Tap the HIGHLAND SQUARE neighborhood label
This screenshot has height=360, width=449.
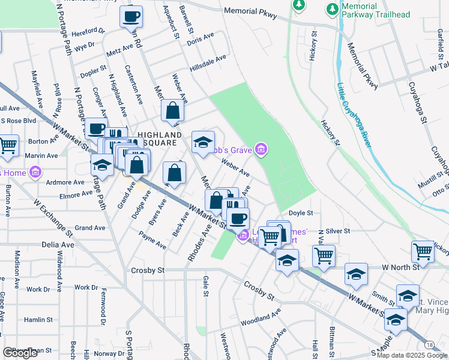point(158,139)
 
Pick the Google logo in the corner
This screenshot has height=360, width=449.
point(20,353)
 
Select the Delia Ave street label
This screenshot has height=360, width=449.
point(58,245)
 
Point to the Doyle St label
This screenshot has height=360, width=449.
point(301,213)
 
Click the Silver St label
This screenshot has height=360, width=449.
point(338,231)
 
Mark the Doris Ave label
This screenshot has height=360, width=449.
point(200,39)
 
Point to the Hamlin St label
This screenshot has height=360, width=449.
point(39,320)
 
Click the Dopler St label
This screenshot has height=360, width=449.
point(93,73)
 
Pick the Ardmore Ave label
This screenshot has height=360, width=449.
point(65,182)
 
